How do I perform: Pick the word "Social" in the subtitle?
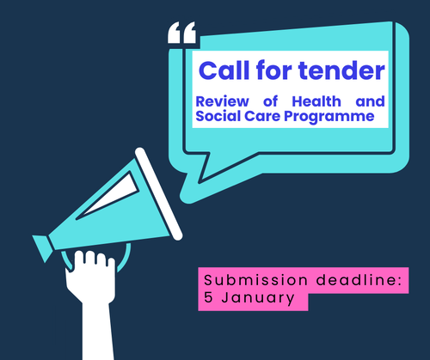pos(220,117)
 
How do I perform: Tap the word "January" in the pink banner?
pos(259,298)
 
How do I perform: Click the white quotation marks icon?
pos(181,34)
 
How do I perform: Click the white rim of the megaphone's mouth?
pos(154,189)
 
